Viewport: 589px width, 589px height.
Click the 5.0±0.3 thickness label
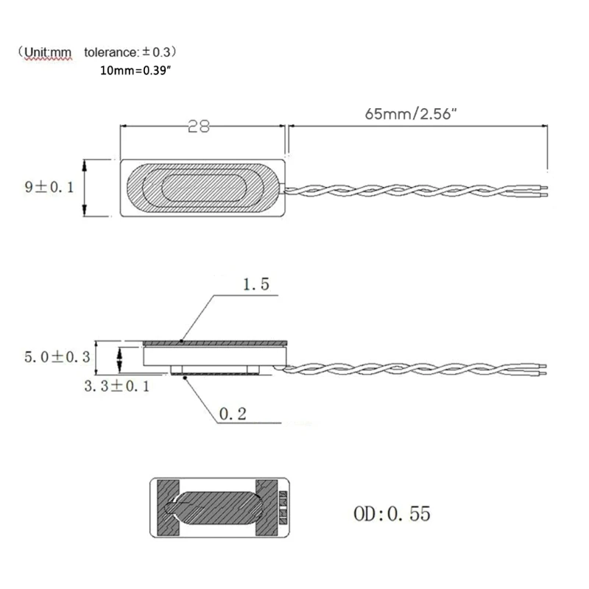(x=56, y=357)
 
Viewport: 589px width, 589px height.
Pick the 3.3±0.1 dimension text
(x=116, y=385)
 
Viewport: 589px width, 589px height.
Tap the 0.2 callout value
(x=233, y=415)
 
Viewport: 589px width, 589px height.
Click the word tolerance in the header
(x=108, y=53)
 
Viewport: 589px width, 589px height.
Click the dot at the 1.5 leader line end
(x=181, y=341)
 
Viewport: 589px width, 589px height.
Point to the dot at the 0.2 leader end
(x=184, y=375)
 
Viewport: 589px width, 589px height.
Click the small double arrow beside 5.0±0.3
(x=120, y=359)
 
